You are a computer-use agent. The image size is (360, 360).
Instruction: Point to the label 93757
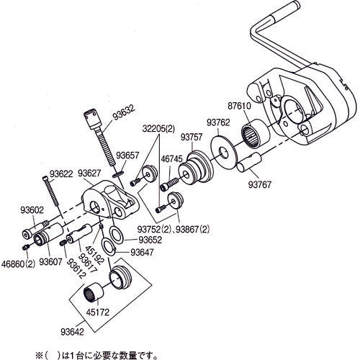[x=191, y=136]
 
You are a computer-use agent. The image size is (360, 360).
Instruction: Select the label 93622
[x=61, y=173]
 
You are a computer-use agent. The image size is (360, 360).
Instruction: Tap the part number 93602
[x=32, y=210]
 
